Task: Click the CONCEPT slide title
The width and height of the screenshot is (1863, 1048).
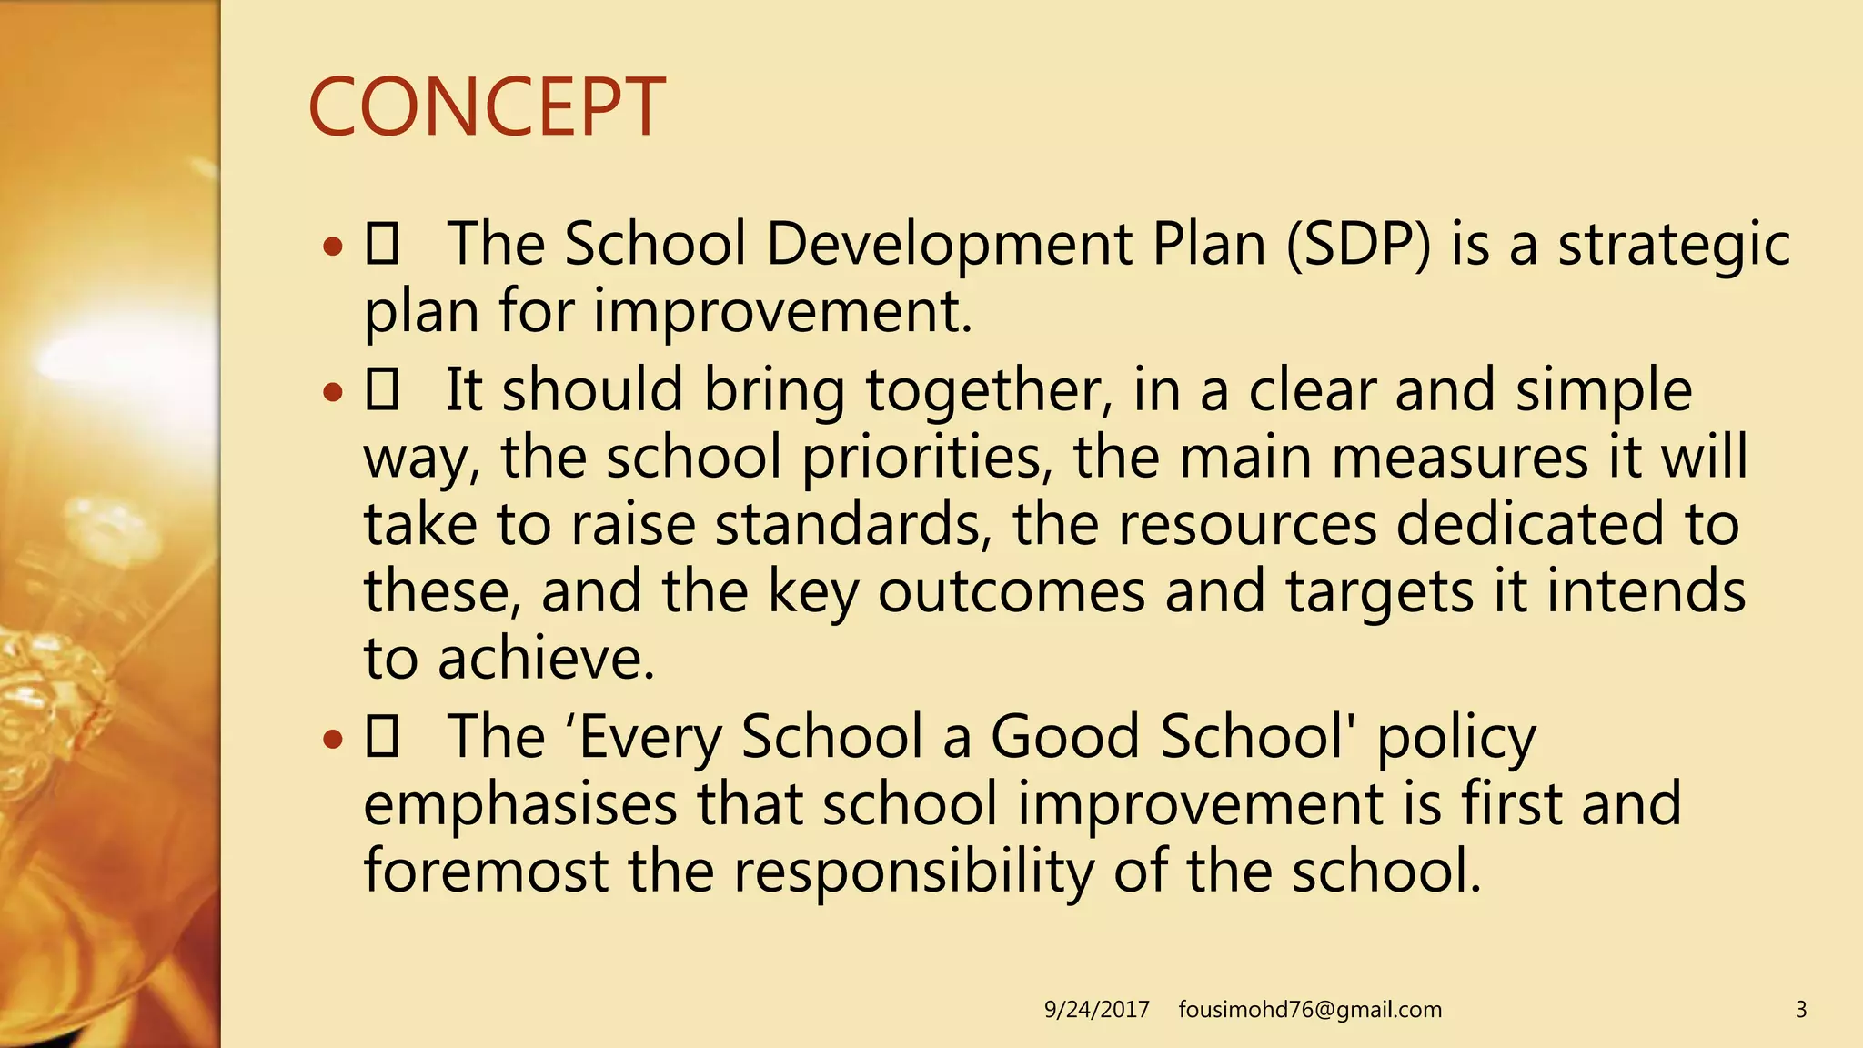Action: (487, 107)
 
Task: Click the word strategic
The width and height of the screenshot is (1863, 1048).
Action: (1674, 246)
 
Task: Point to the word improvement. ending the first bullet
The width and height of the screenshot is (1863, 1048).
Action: (782, 311)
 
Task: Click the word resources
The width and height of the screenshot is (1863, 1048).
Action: (1247, 525)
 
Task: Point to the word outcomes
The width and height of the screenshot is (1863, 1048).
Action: (1011, 592)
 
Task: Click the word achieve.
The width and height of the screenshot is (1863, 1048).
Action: (546, 659)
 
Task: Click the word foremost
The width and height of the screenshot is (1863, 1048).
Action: (486, 871)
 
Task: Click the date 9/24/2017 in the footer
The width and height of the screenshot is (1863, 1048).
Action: (1096, 1010)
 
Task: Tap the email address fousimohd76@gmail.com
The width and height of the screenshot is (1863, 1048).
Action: (1310, 1010)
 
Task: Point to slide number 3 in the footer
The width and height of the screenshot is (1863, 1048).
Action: (1800, 1010)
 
